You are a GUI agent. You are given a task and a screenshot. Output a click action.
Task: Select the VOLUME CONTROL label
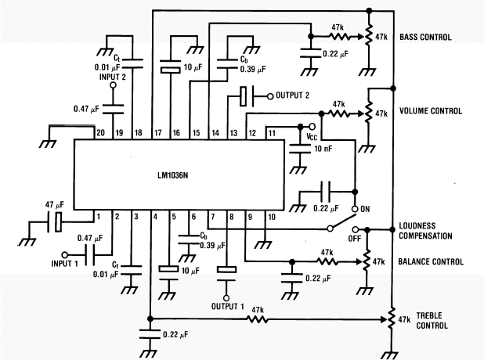coord(431,111)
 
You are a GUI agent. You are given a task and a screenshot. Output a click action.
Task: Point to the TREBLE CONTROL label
coord(429,319)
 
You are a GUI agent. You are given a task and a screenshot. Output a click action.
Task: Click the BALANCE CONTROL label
coord(429,262)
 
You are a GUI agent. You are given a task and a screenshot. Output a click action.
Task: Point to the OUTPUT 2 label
coord(291,96)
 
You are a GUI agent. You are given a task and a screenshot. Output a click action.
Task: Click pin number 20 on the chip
coord(99,132)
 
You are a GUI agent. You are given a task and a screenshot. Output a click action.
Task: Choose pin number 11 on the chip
coord(271,132)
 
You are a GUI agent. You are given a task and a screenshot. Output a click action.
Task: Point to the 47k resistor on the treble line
coord(255,310)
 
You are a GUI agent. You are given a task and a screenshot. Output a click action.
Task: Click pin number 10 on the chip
coord(271,215)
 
